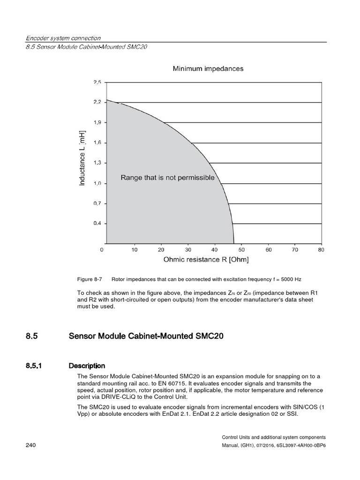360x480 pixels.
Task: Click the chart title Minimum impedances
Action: click(x=208, y=69)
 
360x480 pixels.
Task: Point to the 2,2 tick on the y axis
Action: click(x=97, y=102)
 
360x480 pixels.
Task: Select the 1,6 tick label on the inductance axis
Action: click(x=97, y=142)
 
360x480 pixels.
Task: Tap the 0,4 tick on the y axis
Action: click(x=97, y=223)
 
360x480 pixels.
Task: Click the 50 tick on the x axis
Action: click(x=242, y=250)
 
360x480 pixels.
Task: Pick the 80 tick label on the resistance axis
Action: click(x=321, y=250)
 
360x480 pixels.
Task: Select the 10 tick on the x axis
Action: click(x=135, y=250)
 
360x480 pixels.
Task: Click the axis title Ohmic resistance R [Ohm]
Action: click(x=206, y=259)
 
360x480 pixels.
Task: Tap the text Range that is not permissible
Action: click(x=167, y=178)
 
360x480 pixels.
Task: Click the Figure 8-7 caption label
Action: click(x=90, y=279)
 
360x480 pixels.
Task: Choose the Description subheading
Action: click(x=87, y=366)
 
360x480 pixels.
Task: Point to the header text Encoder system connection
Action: click(x=64, y=38)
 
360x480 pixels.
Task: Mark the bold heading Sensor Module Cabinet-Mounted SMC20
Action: click(x=142, y=336)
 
